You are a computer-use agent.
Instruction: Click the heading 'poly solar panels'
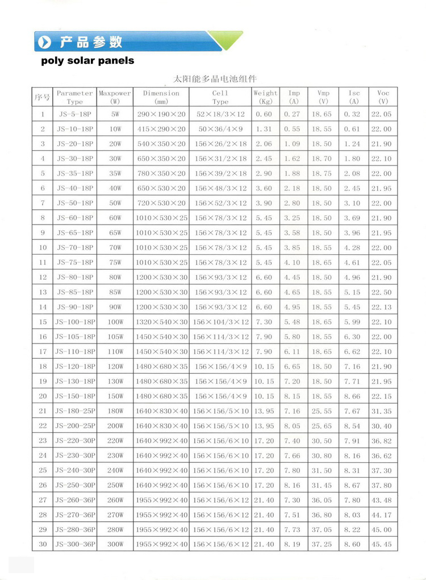[87, 60]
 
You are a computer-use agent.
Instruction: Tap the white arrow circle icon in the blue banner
[44, 42]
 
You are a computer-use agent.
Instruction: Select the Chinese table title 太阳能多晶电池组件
[215, 79]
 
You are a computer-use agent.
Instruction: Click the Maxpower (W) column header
[115, 97]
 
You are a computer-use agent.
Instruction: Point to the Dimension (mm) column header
[161, 97]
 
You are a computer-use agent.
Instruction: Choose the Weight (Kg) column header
[265, 97]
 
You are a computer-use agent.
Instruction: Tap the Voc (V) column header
[383, 97]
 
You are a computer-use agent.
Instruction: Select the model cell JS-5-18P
[74, 114]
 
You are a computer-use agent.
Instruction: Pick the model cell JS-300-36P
[74, 544]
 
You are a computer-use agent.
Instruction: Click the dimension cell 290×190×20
[161, 114]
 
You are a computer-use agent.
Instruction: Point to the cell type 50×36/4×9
[220, 129]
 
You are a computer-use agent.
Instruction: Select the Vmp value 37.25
[321, 544]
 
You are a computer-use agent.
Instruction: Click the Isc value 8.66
[352, 396]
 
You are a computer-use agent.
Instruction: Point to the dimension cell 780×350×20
[161, 173]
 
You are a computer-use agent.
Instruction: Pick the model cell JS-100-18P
[74, 322]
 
